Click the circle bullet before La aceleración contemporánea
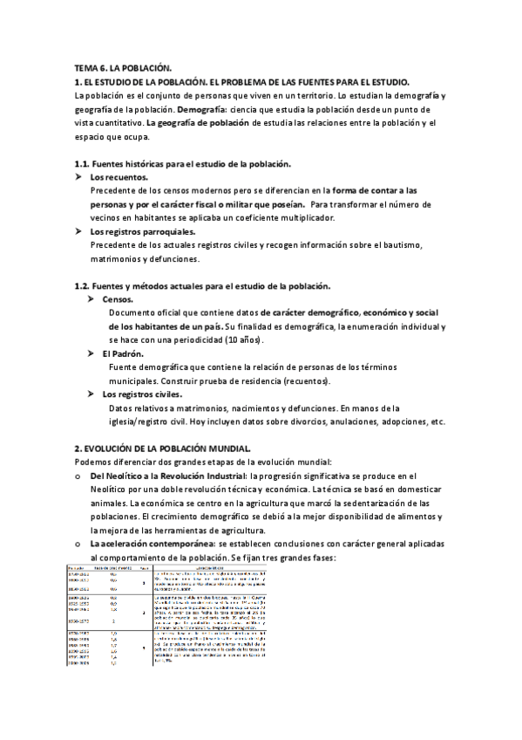pyautogui.click(x=79, y=544)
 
